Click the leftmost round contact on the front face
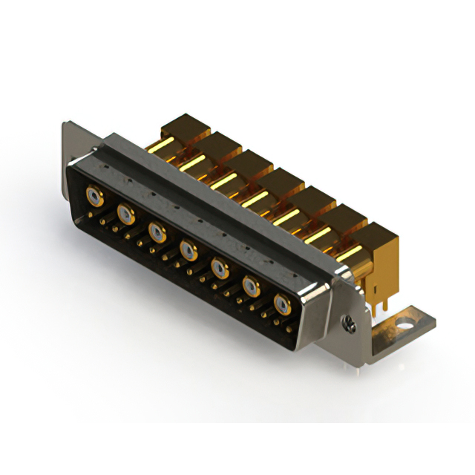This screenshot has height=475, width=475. click(94, 196)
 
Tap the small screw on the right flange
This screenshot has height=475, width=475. click(347, 321)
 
